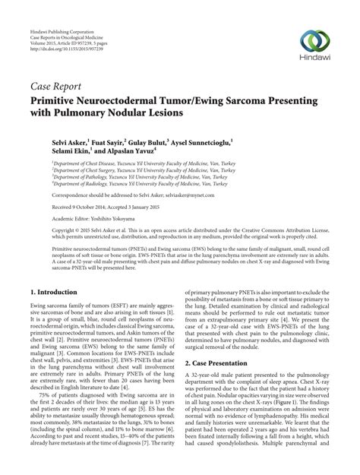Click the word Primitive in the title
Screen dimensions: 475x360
58,99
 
